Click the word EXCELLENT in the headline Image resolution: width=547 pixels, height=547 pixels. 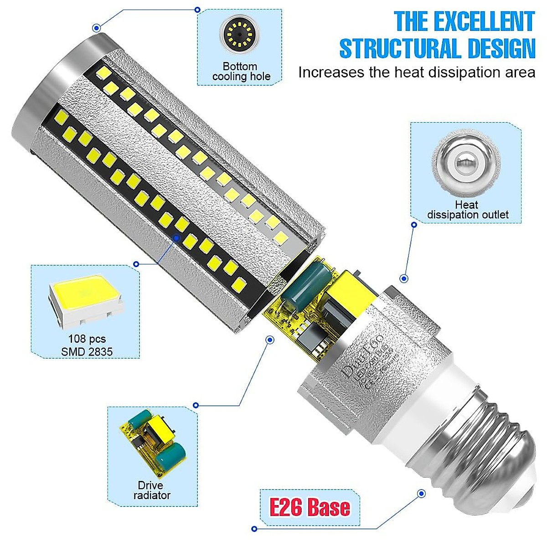[x=484, y=21]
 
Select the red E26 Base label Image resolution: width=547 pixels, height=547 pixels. [x=310, y=507]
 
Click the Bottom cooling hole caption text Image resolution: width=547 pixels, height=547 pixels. [x=241, y=72]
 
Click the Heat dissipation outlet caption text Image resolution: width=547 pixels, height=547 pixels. [x=467, y=210]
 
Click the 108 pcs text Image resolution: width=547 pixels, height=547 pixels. [x=87, y=339]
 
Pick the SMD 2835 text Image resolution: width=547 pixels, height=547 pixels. [x=87, y=351]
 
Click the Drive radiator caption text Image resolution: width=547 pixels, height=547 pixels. [x=152, y=490]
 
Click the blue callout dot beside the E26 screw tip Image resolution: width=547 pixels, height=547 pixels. [x=421, y=493]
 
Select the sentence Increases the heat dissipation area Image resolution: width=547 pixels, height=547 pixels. [x=417, y=72]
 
